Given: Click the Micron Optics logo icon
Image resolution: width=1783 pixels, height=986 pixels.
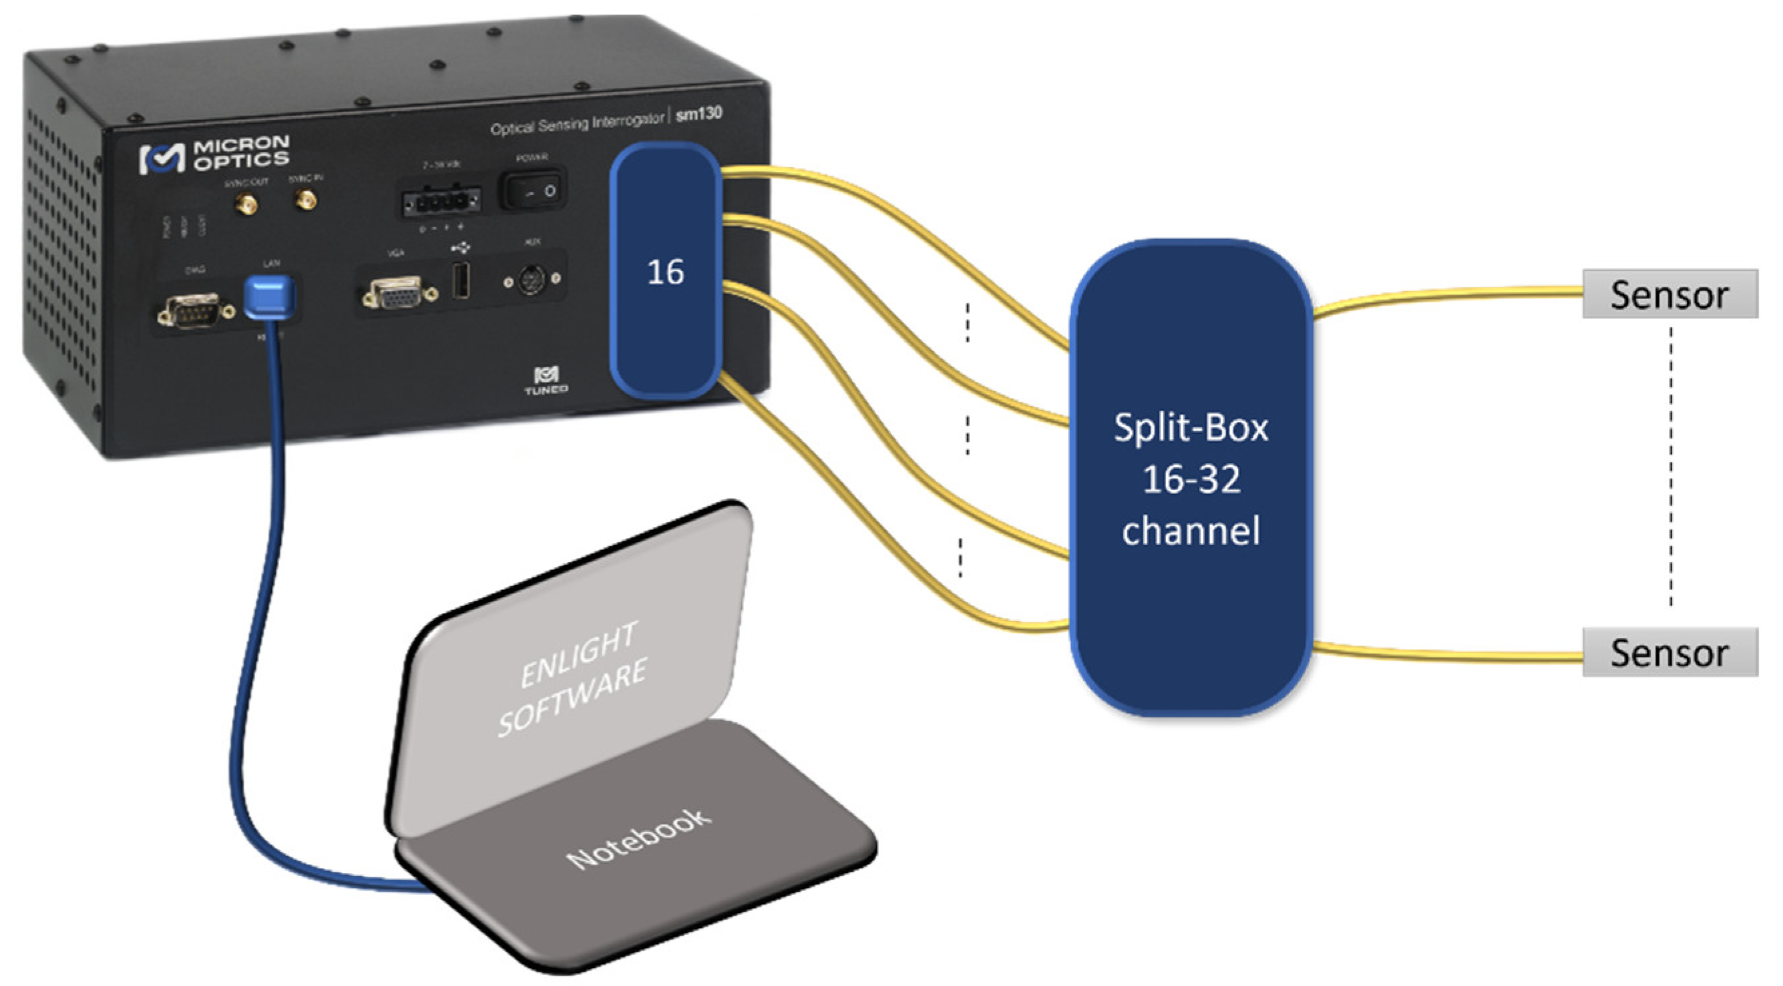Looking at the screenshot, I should click(x=162, y=158).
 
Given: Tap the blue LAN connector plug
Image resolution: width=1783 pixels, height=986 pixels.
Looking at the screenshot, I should click(x=269, y=296).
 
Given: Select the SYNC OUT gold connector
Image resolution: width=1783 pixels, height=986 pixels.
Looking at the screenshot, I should click(x=246, y=204).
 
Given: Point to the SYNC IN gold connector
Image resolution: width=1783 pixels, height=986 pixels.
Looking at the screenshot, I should click(x=305, y=201).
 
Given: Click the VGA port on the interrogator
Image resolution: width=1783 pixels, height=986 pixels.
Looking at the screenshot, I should click(x=395, y=294).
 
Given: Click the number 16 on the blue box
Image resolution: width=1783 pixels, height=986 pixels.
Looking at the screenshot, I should click(x=665, y=272).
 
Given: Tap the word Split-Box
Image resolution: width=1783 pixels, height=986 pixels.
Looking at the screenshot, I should click(x=1190, y=428).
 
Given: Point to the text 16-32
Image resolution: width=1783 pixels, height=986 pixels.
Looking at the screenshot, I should click(x=1190, y=479).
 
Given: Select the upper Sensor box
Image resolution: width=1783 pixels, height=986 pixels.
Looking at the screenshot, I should click(x=1669, y=295).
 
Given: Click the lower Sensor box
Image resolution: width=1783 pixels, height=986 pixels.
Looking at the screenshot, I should click(x=1669, y=652).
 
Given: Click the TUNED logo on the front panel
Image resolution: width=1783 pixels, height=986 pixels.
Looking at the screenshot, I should click(x=546, y=381).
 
